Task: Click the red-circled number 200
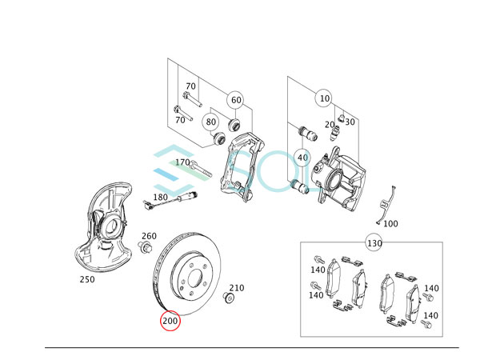(170, 321)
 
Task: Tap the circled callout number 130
(374, 242)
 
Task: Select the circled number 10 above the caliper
(323, 99)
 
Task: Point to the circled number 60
(235, 100)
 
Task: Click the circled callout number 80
(211, 122)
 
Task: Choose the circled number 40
(302, 158)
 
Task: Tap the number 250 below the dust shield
(87, 280)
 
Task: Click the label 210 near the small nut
(237, 288)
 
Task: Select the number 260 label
(149, 236)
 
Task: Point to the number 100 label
(390, 224)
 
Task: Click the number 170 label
(183, 162)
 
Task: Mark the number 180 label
(161, 197)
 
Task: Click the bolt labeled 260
(146, 249)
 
